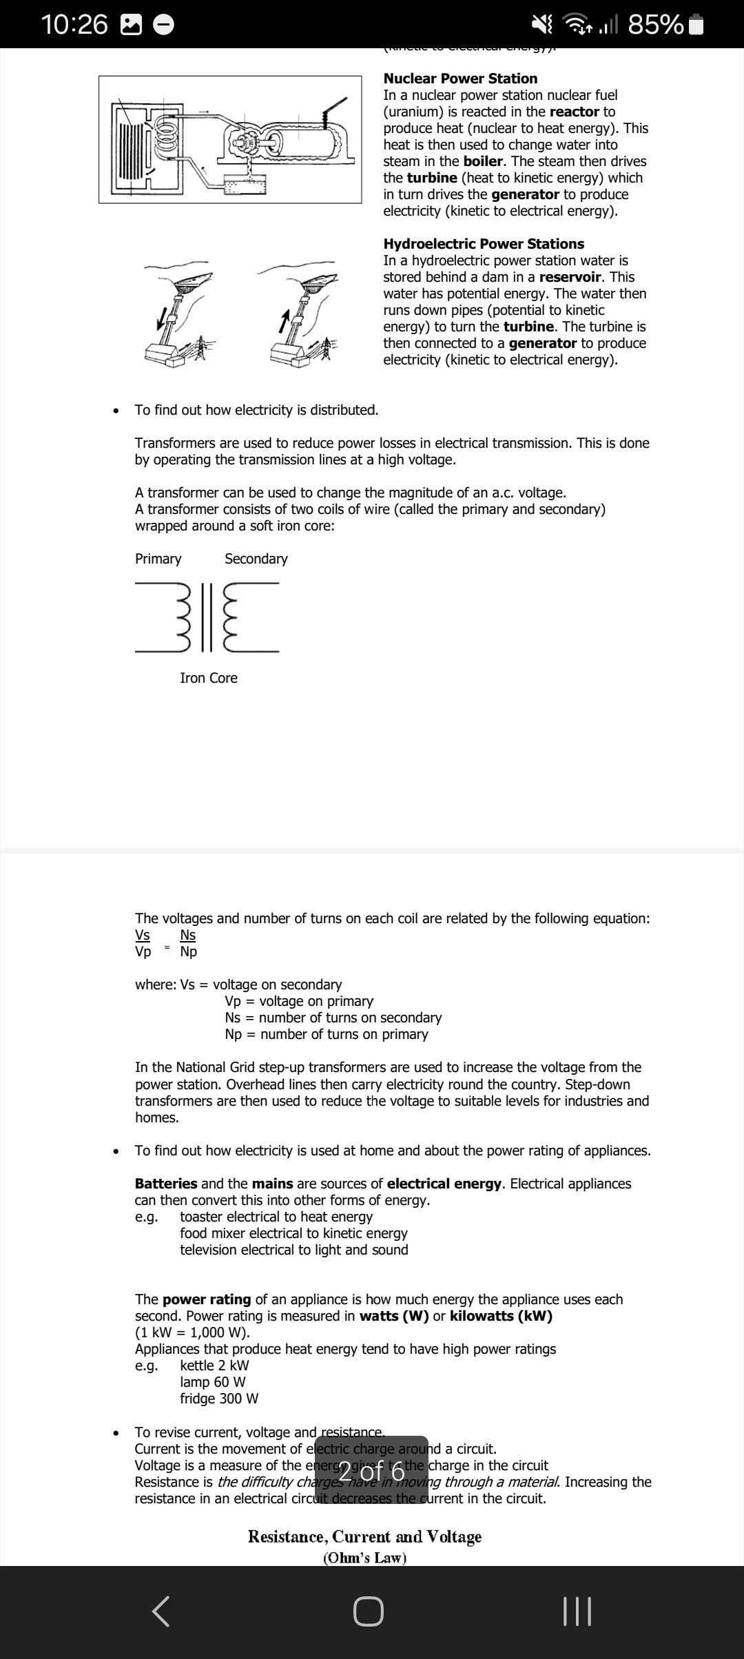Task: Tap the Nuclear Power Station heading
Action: (x=460, y=79)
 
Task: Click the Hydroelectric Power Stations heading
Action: (x=484, y=244)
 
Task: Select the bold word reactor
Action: (x=574, y=112)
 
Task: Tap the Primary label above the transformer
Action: (x=158, y=559)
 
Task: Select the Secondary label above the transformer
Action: (x=256, y=559)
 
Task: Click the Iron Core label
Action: (x=208, y=678)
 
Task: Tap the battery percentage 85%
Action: (x=655, y=24)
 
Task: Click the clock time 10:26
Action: (x=74, y=24)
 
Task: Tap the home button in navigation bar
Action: (x=369, y=1611)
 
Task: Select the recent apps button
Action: (x=577, y=1611)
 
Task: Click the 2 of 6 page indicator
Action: (x=371, y=1471)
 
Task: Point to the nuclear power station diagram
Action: (x=230, y=139)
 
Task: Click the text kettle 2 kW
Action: (x=214, y=1366)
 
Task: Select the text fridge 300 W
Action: (x=219, y=1399)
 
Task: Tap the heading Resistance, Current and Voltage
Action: (x=364, y=1536)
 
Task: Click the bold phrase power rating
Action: (x=207, y=1299)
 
